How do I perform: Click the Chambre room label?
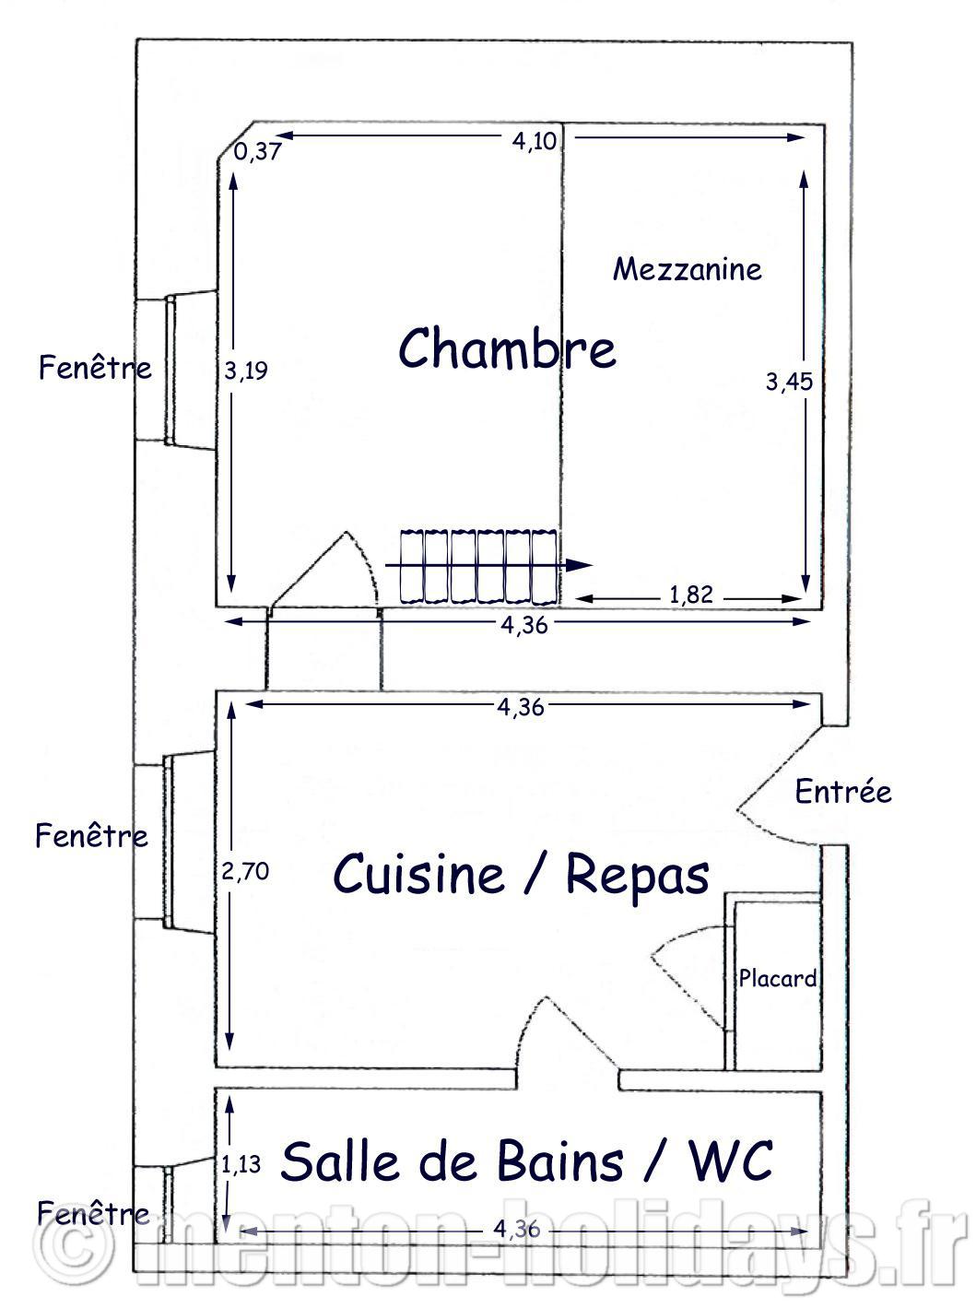click(507, 348)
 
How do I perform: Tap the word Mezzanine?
click(687, 269)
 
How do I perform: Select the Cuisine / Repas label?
click(521, 875)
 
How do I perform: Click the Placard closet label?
click(778, 978)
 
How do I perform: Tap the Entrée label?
click(843, 792)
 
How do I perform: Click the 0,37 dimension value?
click(257, 151)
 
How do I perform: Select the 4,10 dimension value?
click(535, 141)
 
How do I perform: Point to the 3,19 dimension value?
click(245, 371)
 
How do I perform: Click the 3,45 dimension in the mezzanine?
click(789, 382)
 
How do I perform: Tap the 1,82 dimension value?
click(691, 595)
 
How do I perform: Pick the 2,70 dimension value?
click(245, 871)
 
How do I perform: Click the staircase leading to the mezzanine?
click(478, 565)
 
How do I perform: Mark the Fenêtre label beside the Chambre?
click(95, 367)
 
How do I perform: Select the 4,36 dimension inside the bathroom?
click(517, 1228)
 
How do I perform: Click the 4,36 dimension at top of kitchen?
click(521, 707)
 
